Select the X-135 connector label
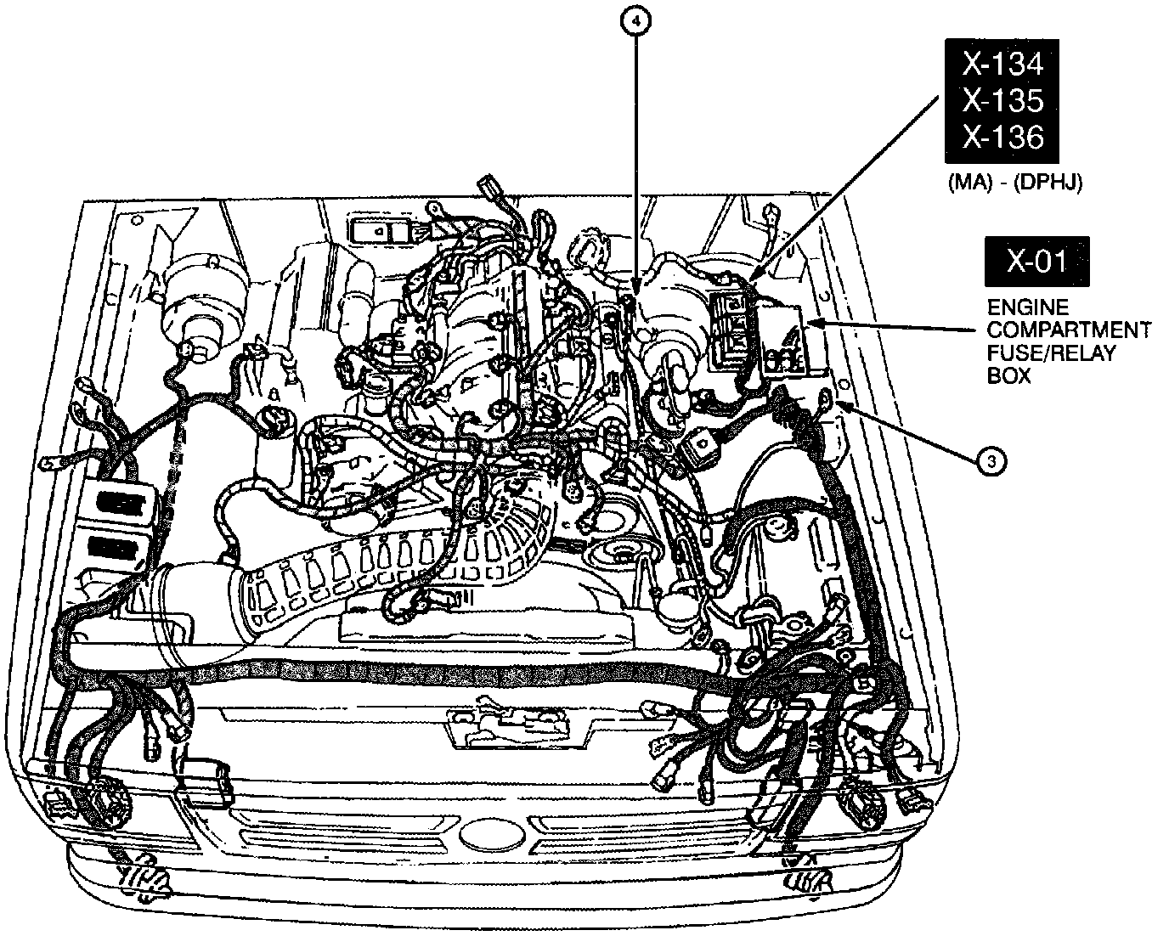(x=1002, y=99)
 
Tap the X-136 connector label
(x=1002, y=137)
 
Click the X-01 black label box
(x=1036, y=261)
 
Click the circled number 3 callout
(x=991, y=461)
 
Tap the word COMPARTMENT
(x=1069, y=330)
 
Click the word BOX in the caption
(x=1008, y=375)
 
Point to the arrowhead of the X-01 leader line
(x=809, y=323)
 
